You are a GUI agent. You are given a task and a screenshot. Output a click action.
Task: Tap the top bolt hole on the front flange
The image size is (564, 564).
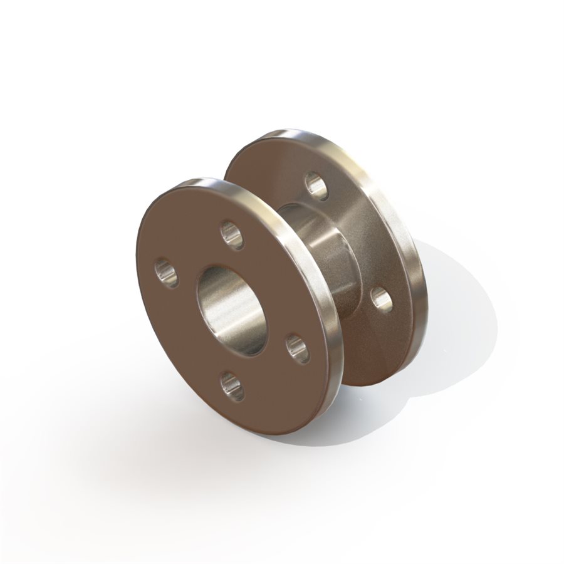pos(232,235)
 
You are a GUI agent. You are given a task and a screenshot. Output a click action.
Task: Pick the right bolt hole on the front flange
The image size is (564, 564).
pos(298,348)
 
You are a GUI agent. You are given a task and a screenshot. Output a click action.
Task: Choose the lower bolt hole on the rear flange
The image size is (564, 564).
pos(382,299)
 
